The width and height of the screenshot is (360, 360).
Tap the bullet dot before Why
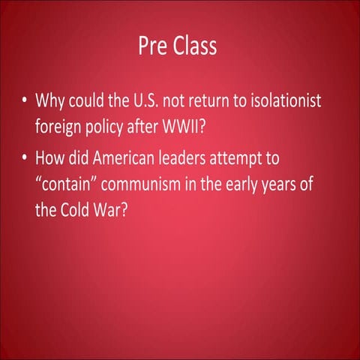click(x=25, y=101)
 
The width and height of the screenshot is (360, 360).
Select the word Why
click(x=51, y=101)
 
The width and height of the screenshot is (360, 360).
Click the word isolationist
click(x=277, y=101)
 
